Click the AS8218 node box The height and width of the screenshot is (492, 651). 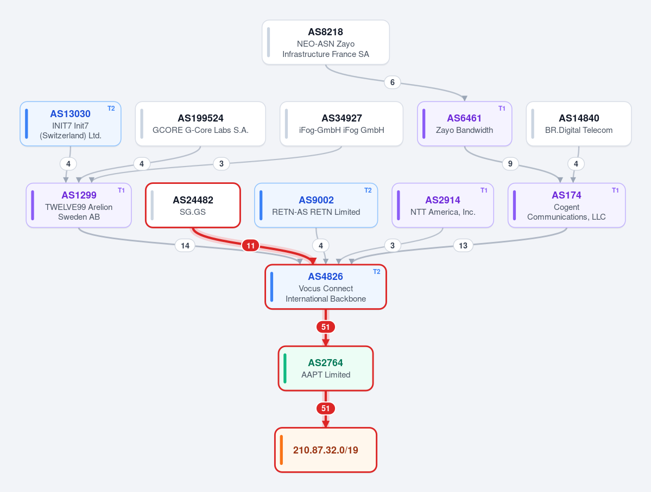326,42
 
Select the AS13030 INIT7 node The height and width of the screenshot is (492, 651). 71,124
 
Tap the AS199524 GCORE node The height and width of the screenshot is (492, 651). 200,124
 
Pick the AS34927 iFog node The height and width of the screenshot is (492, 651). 342,124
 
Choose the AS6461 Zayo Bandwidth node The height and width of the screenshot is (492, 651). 465,124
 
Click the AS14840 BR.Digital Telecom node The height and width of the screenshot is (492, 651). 579,124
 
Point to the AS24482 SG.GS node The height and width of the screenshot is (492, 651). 193,206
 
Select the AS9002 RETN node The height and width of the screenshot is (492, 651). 316,206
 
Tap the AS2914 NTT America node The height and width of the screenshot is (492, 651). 443,206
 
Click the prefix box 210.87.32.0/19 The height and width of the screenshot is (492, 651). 326,450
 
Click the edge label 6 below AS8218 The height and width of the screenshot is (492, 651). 393,82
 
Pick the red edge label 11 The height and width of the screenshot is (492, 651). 251,246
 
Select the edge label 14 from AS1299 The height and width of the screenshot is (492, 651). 185,246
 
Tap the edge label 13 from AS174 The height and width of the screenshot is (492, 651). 463,246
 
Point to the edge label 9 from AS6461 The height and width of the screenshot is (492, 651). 510,164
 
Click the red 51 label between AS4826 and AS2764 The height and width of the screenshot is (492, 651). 326,327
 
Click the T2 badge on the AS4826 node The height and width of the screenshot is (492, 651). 377,272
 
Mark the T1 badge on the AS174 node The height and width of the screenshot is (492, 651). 615,190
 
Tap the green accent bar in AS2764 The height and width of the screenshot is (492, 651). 285,368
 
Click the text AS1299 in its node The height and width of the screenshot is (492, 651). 79,195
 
